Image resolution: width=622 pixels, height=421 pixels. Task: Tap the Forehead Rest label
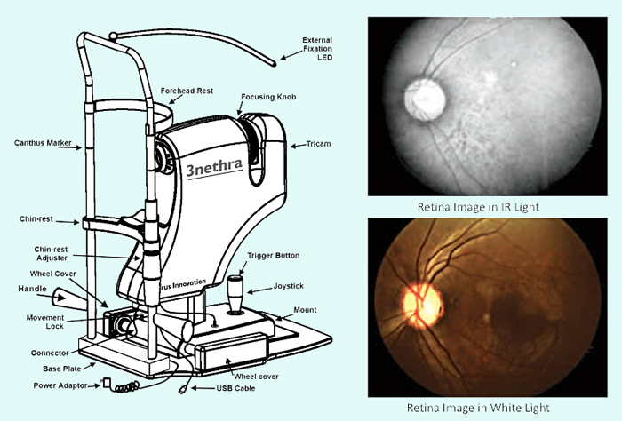click(187, 91)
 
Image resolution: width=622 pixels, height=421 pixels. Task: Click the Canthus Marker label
click(43, 142)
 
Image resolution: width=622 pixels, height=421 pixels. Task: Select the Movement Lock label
click(40, 322)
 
